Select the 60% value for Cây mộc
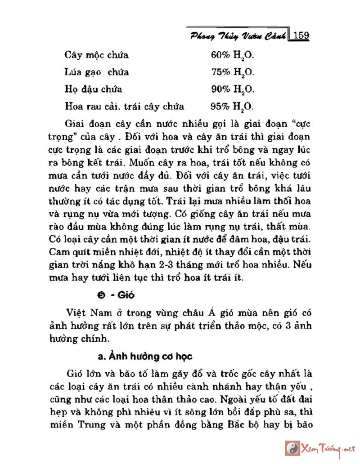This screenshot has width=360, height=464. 220,55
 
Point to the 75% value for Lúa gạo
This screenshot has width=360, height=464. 220,72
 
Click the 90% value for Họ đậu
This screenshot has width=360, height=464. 220,89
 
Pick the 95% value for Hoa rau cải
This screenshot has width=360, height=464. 220,107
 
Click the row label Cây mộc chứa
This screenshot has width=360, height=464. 97,55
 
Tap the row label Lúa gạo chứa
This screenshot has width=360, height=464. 97,72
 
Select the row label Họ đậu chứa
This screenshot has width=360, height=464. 94,89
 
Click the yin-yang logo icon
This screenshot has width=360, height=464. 292,448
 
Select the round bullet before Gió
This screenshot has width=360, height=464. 101,295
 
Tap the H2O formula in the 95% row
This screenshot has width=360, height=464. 243,107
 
